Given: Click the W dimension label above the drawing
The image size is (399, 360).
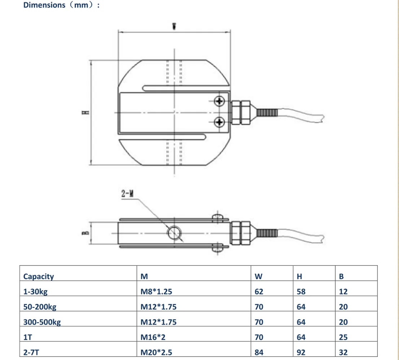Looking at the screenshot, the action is click(174, 26).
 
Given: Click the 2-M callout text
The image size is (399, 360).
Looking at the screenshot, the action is click(128, 194).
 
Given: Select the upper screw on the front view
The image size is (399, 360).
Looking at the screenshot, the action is click(219, 101).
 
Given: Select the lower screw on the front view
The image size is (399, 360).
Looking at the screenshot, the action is click(219, 122).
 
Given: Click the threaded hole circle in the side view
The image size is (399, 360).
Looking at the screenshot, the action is click(174, 233).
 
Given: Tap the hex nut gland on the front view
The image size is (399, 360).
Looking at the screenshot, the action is click(240, 112).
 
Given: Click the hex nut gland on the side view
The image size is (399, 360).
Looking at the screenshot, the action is click(240, 233).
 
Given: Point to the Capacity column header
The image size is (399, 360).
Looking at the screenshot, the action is click(39, 276).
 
